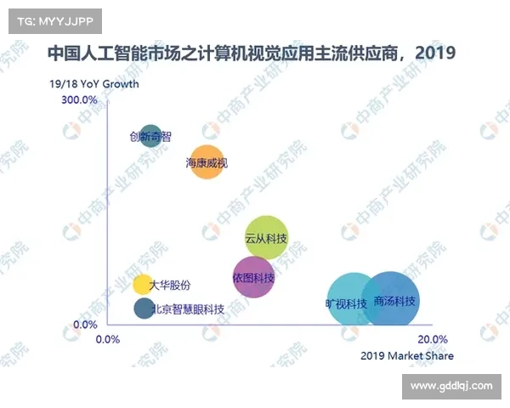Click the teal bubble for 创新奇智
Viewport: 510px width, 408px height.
pos(150,136)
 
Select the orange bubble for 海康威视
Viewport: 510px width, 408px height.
pos(207,161)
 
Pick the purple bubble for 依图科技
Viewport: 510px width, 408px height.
pos(253,277)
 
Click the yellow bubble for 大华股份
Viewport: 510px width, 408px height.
pos(142,285)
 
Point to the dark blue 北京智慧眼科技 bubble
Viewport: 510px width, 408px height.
pos(144,309)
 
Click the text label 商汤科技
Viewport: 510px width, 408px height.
pos(394,302)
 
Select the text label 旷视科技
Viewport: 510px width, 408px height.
pos(346,303)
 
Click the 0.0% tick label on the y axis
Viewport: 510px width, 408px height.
pos(85,325)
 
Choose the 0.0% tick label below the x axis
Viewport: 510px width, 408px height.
pos(108,339)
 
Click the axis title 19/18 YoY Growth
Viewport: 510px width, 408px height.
pos(93,84)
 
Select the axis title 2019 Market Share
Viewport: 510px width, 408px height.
pos(407,355)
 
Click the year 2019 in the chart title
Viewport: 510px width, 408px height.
pos(437,54)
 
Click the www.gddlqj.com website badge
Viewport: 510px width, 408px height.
pos(450,386)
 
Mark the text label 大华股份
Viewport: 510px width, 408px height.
pos(170,285)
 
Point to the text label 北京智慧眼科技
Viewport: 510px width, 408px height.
pos(189,309)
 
